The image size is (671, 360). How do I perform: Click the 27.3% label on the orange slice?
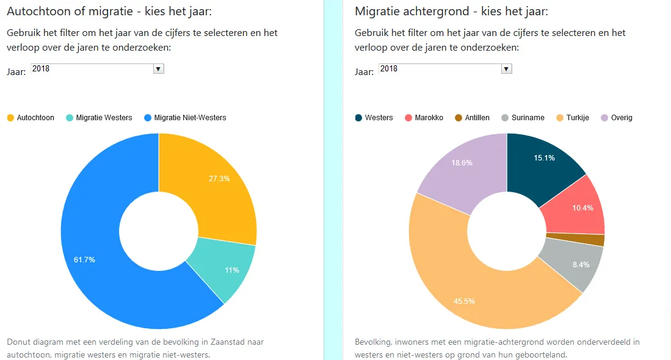pyautogui.click(x=219, y=179)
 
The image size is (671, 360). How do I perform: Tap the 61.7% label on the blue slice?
pyautogui.click(x=84, y=260)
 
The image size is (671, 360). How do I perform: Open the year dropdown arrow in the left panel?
pyautogui.click(x=159, y=69)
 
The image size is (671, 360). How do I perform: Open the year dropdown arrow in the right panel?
pyautogui.click(x=506, y=69)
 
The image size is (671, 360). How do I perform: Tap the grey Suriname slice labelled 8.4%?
pyautogui.click(x=580, y=265)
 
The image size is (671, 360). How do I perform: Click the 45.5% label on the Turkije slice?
pyautogui.click(x=465, y=301)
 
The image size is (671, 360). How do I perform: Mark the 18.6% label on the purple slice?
pyautogui.click(x=462, y=163)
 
